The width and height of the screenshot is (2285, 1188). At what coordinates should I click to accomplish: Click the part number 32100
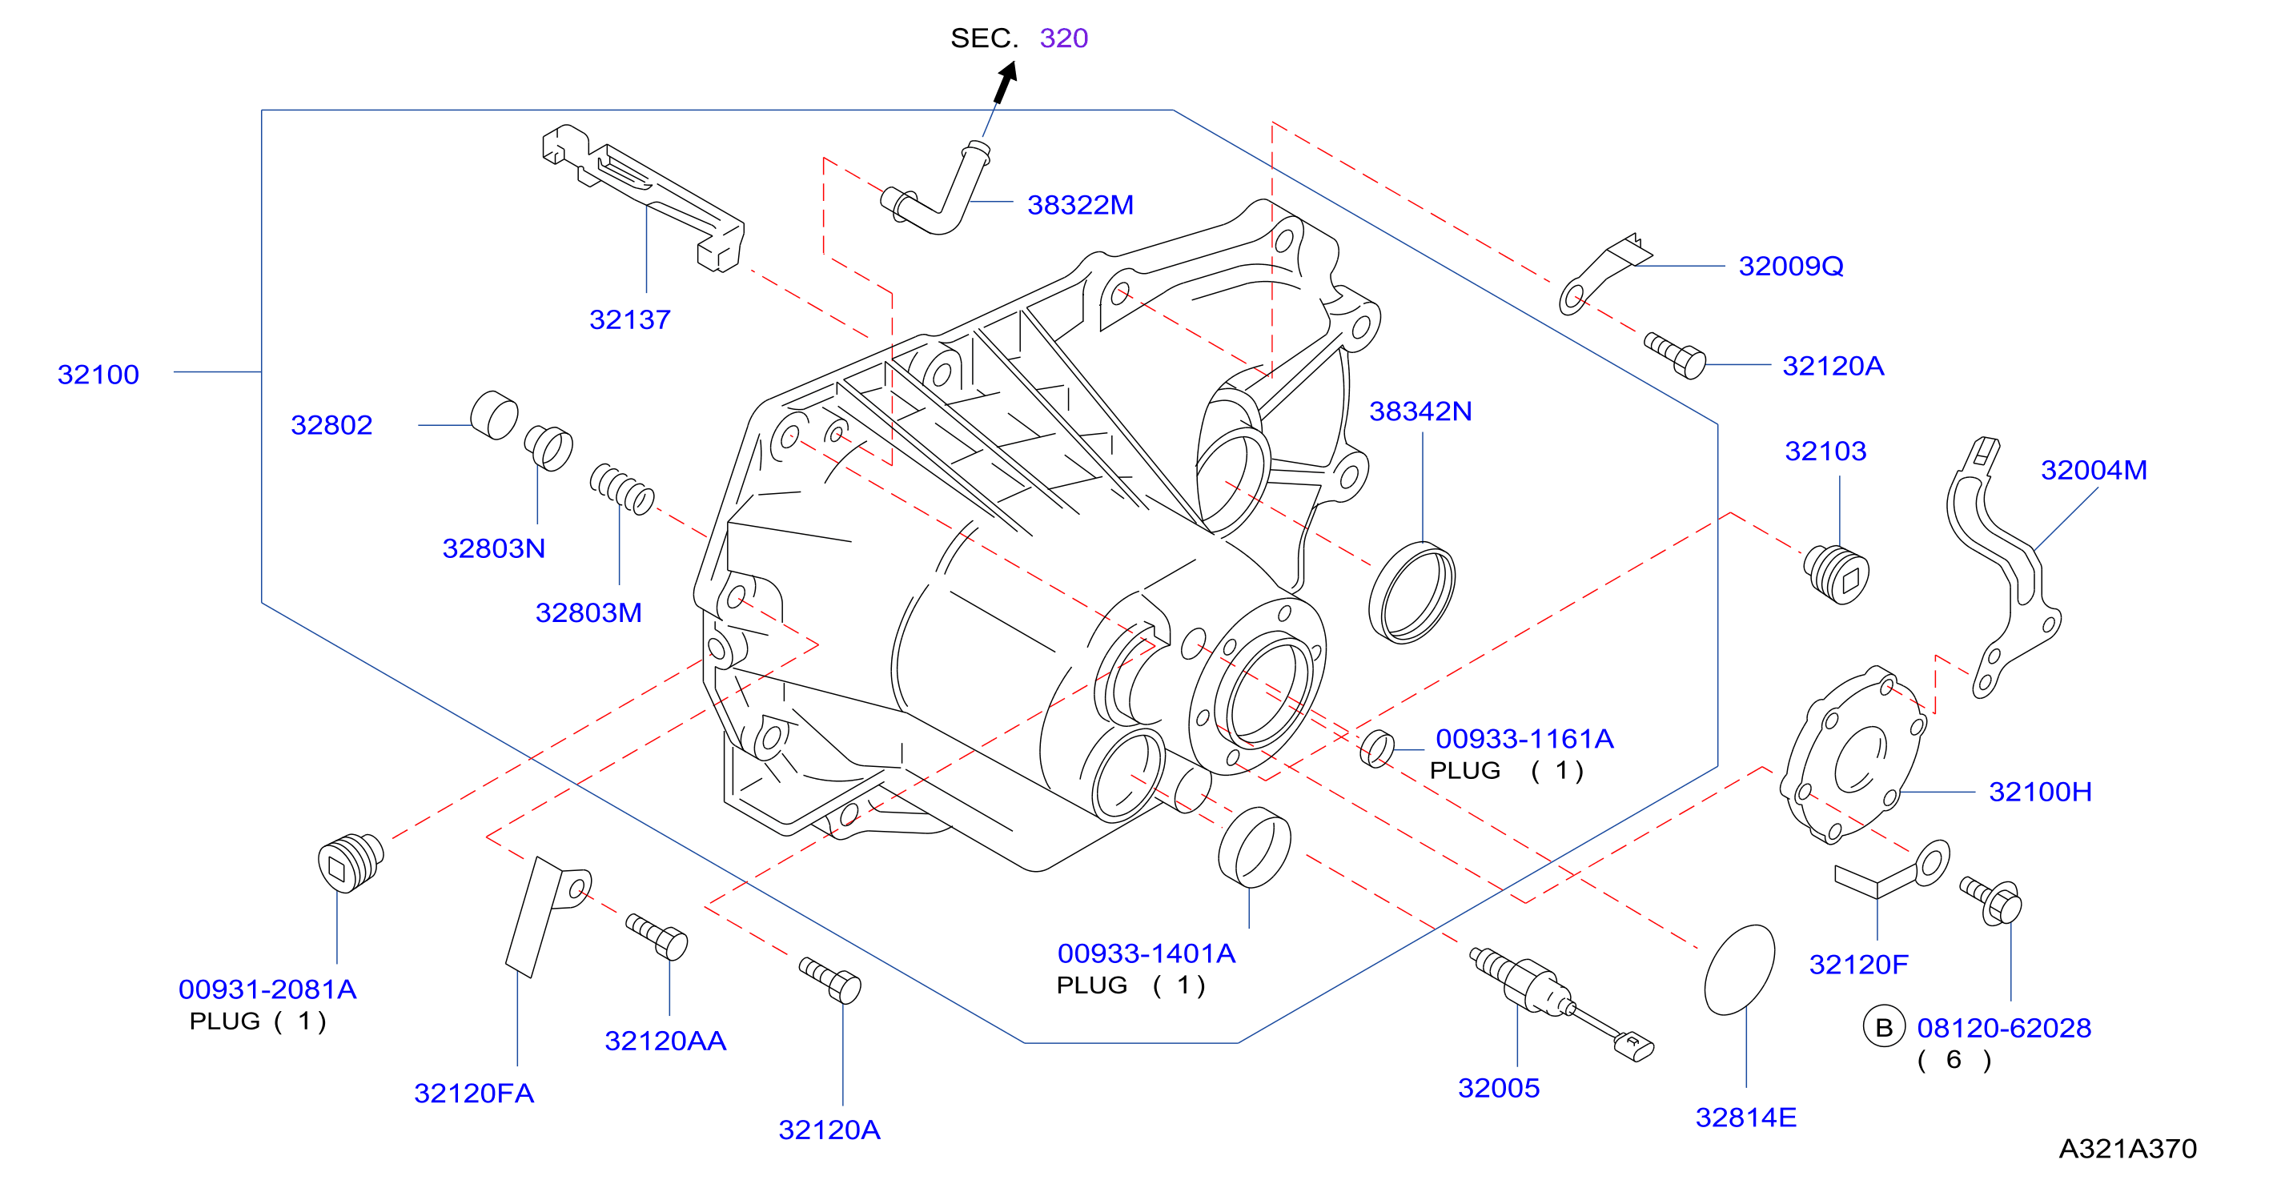coord(98,375)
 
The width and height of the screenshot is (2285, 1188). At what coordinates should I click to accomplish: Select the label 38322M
coord(1079,205)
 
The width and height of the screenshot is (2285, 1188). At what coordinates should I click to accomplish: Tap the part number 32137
coord(630,319)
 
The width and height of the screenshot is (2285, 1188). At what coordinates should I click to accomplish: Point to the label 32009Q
coord(1790,266)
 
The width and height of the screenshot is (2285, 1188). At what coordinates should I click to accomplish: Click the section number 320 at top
coord(1062,38)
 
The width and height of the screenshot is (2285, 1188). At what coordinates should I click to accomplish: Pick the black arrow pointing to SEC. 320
coord(1006,82)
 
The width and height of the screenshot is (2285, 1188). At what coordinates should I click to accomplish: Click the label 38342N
coord(1420,411)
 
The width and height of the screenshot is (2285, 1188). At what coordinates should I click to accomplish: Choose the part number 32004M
coord(2094,470)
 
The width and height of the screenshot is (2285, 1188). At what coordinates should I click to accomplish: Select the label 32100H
coord(2039,792)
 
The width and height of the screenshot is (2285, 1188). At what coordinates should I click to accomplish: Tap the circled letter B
coord(1883,1027)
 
